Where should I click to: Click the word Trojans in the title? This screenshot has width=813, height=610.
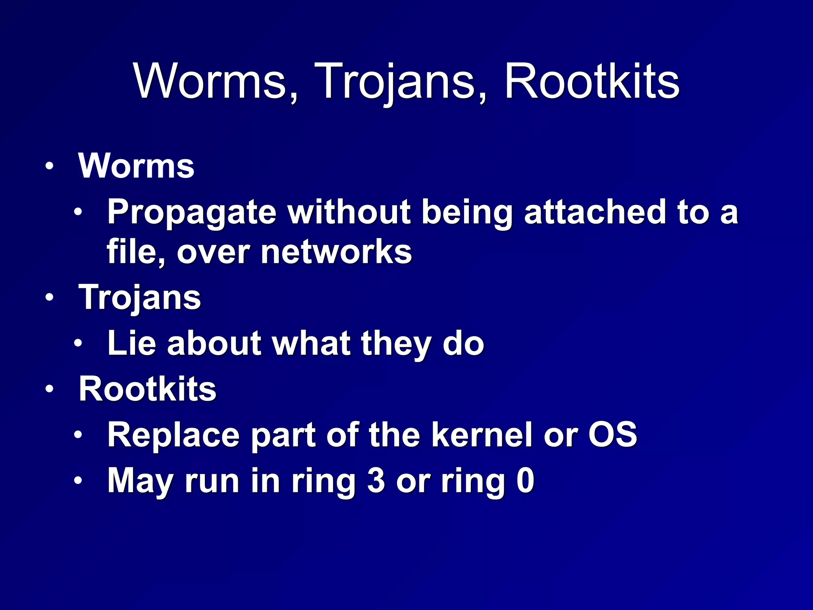[401, 82]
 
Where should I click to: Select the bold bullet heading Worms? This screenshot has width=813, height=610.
[136, 166]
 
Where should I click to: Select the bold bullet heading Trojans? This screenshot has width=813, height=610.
[140, 298]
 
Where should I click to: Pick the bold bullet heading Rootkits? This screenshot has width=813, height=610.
[147, 389]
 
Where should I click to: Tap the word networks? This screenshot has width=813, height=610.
[336, 252]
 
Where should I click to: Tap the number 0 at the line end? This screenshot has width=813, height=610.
[526, 480]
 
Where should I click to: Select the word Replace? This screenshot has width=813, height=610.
[173, 435]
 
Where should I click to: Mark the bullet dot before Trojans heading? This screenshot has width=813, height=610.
[49, 297]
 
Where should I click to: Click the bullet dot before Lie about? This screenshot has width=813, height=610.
[78, 343]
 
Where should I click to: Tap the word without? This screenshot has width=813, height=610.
[349, 212]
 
